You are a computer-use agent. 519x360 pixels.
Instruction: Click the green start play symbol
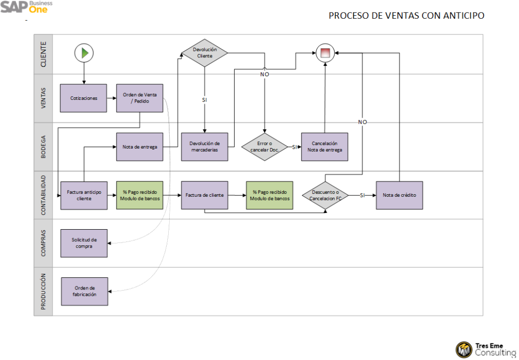click(84, 52)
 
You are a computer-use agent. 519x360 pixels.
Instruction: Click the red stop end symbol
click(325, 52)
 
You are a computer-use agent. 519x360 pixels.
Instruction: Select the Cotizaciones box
click(84, 98)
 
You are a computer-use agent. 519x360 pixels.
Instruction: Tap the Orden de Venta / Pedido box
click(140, 98)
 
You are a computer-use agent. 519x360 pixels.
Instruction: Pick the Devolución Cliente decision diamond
click(205, 53)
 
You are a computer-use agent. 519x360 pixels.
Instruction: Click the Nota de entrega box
click(140, 147)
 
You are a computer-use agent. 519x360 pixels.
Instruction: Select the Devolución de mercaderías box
click(205, 147)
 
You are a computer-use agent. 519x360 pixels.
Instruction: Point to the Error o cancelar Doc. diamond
click(264, 147)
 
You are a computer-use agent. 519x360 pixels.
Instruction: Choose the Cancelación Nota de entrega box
click(324, 147)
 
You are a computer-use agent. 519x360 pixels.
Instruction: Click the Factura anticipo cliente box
click(84, 195)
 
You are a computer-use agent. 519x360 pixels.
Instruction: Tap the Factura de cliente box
click(205, 195)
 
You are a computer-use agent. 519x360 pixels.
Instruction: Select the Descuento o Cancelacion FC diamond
click(325, 195)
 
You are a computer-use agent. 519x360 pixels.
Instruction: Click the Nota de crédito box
click(399, 195)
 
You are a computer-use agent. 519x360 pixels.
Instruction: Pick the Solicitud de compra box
click(84, 243)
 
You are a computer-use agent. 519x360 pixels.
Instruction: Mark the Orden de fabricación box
click(85, 291)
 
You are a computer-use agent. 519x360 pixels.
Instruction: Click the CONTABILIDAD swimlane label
click(43, 195)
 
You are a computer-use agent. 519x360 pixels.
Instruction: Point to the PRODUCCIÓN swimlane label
click(43, 292)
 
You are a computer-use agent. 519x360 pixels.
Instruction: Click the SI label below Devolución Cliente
click(205, 100)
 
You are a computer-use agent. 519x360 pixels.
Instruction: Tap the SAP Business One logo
click(26, 8)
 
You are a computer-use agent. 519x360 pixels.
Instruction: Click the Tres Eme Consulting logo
click(485, 349)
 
